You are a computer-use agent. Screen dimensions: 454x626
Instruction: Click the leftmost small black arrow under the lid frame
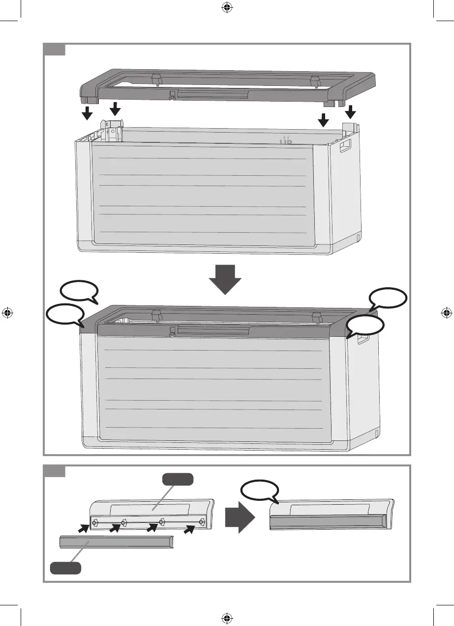(x=87, y=113)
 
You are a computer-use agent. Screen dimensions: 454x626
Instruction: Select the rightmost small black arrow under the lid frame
(x=350, y=112)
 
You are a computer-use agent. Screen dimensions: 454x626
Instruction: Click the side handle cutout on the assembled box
(x=363, y=339)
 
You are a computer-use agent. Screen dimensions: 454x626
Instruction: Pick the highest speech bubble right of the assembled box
(x=388, y=299)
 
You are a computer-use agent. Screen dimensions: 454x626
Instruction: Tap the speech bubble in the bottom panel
(x=260, y=490)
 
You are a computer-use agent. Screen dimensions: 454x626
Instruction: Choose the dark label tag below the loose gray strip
(x=65, y=568)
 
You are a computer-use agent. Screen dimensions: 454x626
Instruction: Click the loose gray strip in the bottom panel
(x=116, y=542)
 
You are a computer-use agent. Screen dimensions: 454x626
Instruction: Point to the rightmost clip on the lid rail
(x=202, y=521)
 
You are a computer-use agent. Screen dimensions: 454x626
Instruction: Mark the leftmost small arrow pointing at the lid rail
(x=84, y=528)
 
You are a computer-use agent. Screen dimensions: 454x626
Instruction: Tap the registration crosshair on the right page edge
(x=445, y=312)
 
